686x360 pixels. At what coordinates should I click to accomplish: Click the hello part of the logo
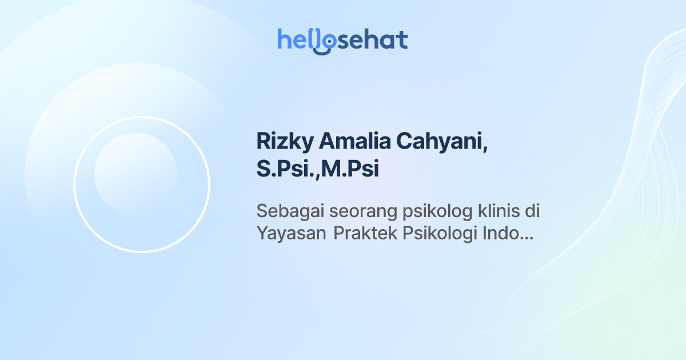click(x=297, y=40)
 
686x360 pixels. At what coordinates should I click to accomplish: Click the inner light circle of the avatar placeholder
click(x=135, y=174)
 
